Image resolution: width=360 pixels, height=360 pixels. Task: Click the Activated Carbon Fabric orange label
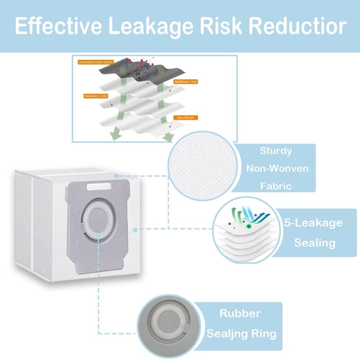point(96,62)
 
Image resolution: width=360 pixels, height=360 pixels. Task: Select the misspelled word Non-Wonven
point(277,168)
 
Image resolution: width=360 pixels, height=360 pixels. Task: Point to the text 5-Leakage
point(313,223)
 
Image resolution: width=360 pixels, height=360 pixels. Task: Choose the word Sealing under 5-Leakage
point(315,243)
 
